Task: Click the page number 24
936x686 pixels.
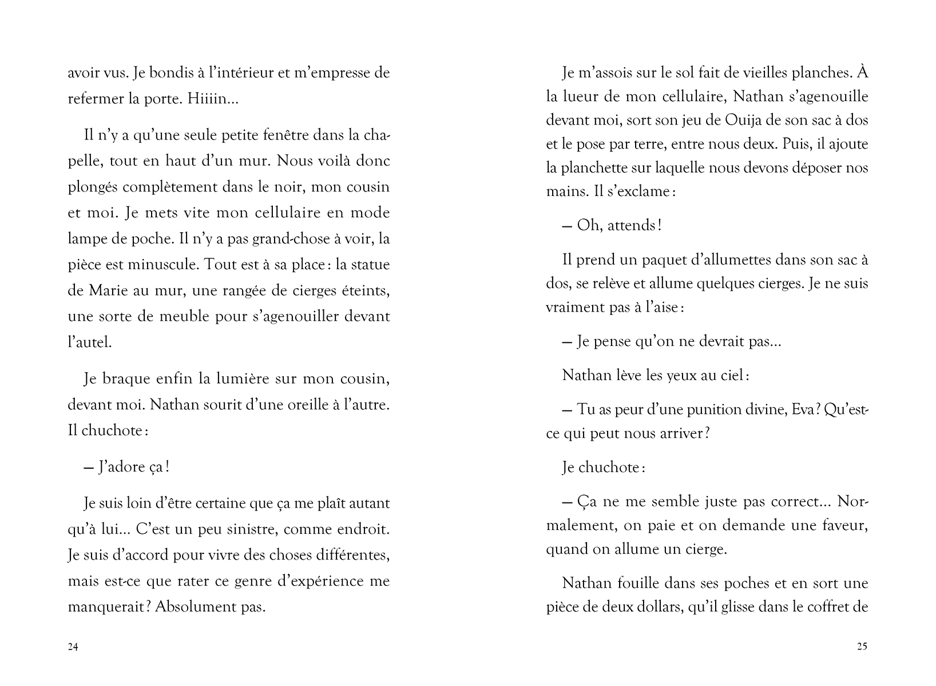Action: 73,647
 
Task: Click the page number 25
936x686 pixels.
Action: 862,647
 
